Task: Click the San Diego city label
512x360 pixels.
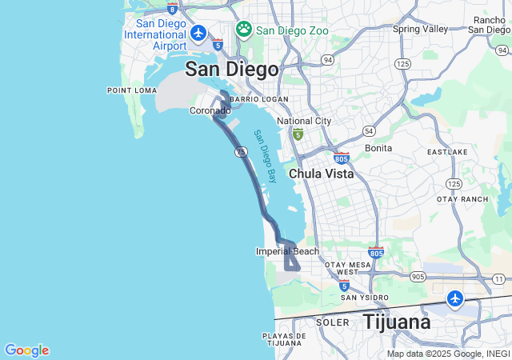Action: [232, 69]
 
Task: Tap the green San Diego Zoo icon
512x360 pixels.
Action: [244, 30]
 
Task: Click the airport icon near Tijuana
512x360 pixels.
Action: [455, 298]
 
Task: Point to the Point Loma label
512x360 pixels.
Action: [132, 90]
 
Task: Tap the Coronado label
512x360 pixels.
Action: [210, 111]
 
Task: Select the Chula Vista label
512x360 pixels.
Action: [321, 174]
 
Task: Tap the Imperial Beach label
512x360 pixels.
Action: [287, 251]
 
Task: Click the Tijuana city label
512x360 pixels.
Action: [397, 322]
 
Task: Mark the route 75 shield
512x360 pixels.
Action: [240, 152]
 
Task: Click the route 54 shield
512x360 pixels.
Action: [368, 130]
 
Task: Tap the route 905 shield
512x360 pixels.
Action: [418, 277]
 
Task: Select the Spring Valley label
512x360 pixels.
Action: [421, 29]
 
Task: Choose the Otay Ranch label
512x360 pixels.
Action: [462, 199]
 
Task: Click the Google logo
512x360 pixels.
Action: [26, 350]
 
